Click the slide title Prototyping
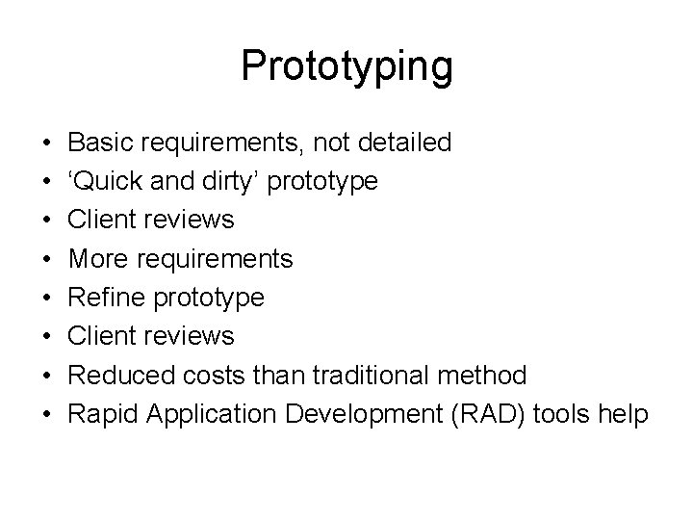click(346, 65)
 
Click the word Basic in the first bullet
click(101, 143)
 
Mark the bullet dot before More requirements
click(47, 259)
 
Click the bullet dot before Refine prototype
click(47, 298)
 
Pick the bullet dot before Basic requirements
click(47, 143)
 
